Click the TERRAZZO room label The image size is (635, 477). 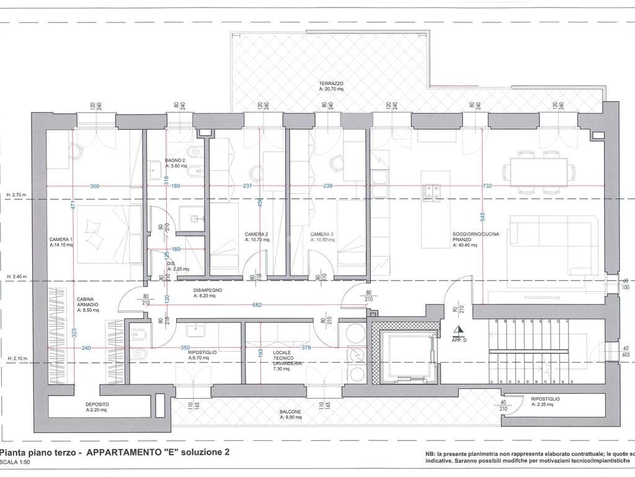click(x=331, y=83)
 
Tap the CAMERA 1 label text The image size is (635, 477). click(x=61, y=239)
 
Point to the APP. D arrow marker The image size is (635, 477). click(x=458, y=332)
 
